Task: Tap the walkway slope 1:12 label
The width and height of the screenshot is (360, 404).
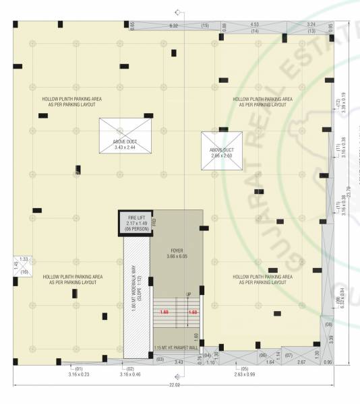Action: click(136, 292)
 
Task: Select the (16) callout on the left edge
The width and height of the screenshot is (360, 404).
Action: click(24, 271)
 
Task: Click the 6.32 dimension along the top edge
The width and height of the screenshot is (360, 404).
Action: click(173, 26)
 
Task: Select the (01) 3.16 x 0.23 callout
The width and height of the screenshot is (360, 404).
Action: click(79, 372)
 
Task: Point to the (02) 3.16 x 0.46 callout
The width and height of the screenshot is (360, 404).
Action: click(130, 372)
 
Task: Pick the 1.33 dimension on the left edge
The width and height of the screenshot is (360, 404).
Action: click(24, 259)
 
